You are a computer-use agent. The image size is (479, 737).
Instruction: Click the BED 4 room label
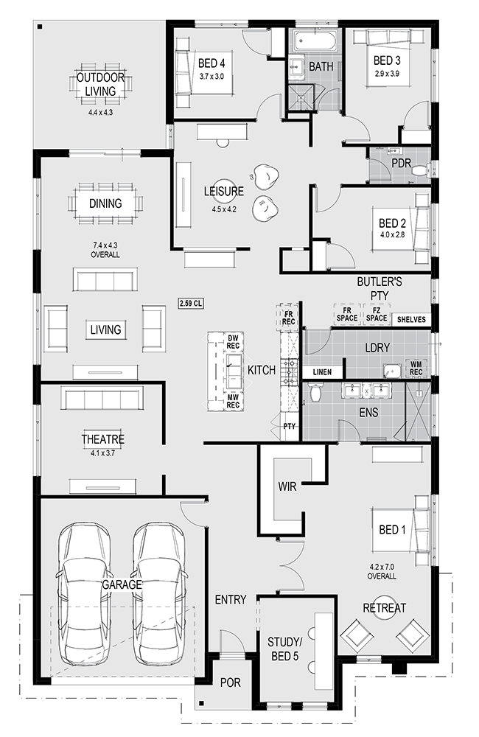coord(211,63)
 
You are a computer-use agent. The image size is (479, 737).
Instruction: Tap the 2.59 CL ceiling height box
coord(191,304)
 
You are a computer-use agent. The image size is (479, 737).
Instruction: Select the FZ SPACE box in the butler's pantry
coord(377,313)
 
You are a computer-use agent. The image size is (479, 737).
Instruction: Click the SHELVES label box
coord(411,320)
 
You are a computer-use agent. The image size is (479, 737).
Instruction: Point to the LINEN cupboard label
coord(322,372)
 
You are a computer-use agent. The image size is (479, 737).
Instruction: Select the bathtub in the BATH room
coord(316,41)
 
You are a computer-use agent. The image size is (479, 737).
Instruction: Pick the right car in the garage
coord(159,594)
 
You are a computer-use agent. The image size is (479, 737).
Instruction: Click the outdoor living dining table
coord(101,85)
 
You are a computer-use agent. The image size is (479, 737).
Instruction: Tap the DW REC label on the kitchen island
coord(233,342)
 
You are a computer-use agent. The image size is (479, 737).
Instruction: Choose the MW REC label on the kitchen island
coord(233,401)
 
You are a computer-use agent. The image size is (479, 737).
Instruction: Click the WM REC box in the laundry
coord(416,368)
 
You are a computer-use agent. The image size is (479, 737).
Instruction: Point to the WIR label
coord(287,486)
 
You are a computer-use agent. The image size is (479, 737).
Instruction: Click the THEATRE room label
coord(103,439)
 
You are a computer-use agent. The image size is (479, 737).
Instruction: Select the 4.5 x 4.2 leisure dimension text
coord(224,209)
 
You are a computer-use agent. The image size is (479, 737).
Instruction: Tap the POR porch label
coord(231,682)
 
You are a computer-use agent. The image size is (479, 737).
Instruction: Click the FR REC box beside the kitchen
coord(288,318)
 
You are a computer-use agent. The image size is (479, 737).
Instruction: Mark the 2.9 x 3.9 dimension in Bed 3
coord(388,73)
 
